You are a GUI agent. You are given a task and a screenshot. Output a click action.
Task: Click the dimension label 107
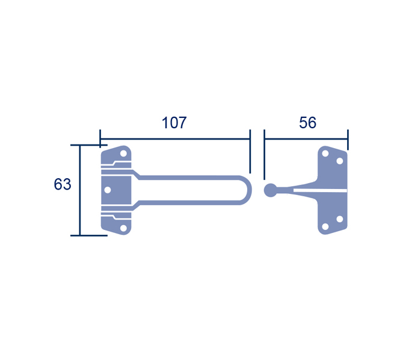pyautogui.click(x=174, y=122)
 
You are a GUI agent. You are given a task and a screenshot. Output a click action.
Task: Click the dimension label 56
pyautogui.click(x=307, y=122)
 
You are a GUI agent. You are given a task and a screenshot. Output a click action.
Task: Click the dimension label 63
pyautogui.click(x=63, y=184)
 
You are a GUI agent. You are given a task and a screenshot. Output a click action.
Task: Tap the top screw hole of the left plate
pyautogui.click(x=124, y=154)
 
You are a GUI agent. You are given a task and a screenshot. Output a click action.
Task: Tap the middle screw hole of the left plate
pyautogui.click(x=108, y=190)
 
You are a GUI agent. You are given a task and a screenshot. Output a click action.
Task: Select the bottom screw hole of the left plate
pyautogui.click(x=124, y=228)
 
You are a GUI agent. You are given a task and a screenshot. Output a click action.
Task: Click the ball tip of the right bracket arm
pyautogui.click(x=271, y=190)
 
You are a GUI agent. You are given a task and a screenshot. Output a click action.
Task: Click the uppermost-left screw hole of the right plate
pyautogui.click(x=325, y=154)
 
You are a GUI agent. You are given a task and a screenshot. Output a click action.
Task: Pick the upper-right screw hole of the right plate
pyautogui.click(x=340, y=161)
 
